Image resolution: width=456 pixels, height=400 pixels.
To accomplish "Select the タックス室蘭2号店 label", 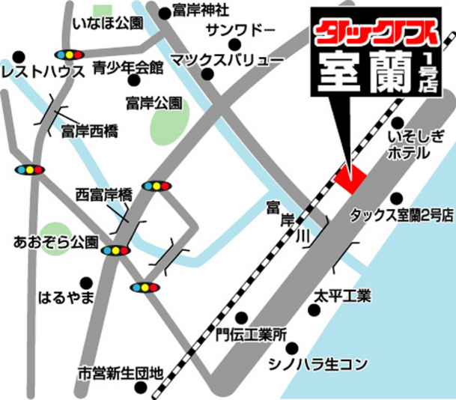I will tap(402, 215).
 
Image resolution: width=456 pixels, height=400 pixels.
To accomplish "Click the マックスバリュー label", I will tap(227, 58).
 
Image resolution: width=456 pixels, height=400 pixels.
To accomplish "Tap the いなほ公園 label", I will tap(107, 23).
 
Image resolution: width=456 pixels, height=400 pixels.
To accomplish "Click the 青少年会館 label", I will tap(127, 67).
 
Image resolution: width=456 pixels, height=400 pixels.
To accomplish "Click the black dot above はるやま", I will tap(88, 282).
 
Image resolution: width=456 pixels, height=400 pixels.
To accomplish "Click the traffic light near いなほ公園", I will tap(67, 55).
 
